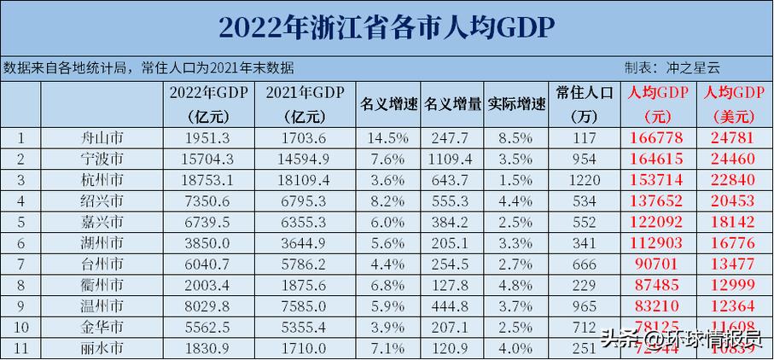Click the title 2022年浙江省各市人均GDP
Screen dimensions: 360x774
387,27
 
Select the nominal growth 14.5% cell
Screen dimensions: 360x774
388,138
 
